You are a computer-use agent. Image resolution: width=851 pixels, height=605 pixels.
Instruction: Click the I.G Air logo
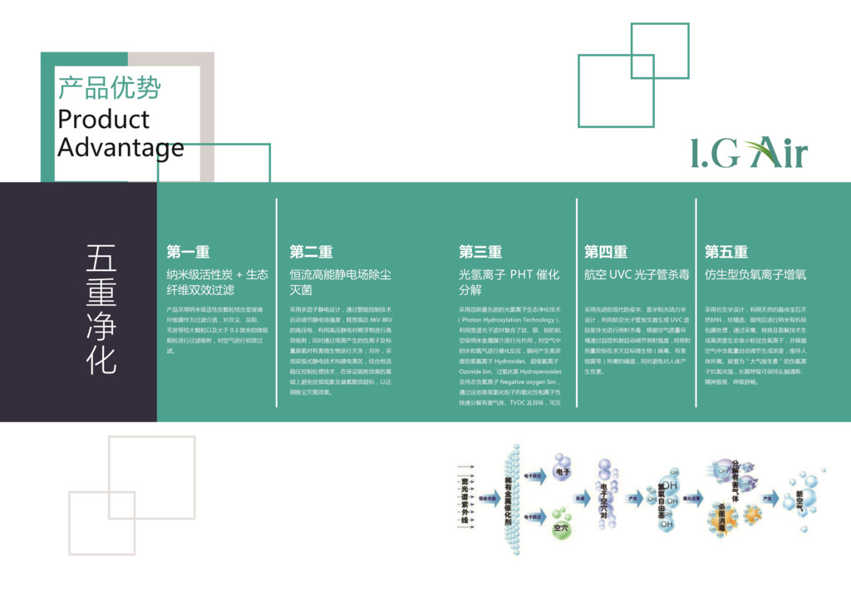coord(749,153)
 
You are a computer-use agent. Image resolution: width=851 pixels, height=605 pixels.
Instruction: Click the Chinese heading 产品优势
coord(109,87)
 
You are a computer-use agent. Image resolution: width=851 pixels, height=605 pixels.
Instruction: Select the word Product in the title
coord(103,119)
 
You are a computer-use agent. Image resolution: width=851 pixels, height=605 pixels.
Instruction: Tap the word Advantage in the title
coord(121,147)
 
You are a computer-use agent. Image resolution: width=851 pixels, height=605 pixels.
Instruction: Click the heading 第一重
coord(188,252)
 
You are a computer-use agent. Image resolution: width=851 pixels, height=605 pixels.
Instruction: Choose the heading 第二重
coord(311,252)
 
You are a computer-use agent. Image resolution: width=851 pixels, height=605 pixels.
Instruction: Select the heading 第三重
coord(480,252)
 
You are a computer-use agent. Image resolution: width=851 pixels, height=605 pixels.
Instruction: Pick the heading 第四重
coord(605,252)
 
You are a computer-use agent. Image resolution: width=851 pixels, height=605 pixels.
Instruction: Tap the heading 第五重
coord(726,252)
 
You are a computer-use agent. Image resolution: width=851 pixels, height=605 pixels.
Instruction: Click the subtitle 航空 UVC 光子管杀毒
coord(637,274)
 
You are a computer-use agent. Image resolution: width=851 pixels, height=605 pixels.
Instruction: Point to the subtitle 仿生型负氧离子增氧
coord(755,274)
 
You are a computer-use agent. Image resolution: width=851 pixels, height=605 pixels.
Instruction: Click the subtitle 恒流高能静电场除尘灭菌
coord(341,282)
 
